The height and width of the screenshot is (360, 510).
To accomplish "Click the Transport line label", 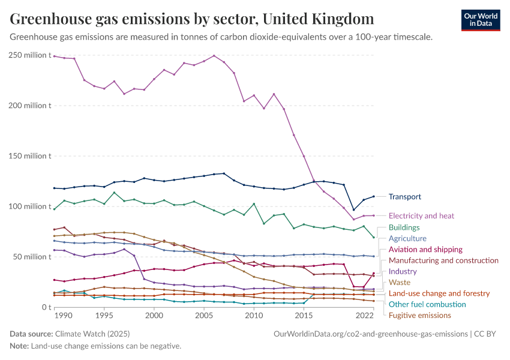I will click(404, 197).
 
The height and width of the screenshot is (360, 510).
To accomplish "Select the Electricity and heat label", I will click(421, 215).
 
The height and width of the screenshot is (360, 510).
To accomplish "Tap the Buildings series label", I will click(404, 227).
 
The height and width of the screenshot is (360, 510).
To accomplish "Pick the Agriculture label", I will click(407, 238).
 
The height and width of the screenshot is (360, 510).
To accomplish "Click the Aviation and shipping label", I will click(425, 249).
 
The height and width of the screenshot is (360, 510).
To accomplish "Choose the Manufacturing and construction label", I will click(443, 260).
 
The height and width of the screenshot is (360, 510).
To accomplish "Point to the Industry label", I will click(403, 271).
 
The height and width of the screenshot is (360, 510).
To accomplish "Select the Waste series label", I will click(400, 282).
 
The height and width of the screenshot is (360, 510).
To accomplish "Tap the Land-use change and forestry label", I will click(440, 293).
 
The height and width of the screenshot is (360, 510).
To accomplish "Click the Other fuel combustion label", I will click(428, 304).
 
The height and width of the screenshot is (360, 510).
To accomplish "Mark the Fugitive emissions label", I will click(419, 315).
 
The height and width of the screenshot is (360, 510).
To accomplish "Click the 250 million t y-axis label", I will click(28, 55).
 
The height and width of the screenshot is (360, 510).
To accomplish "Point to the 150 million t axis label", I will click(28, 156).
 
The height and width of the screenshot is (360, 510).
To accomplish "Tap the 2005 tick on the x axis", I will click(204, 316).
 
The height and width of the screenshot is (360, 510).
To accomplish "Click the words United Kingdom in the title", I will click(318, 19).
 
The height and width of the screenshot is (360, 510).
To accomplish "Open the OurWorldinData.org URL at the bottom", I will click(370, 334).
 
